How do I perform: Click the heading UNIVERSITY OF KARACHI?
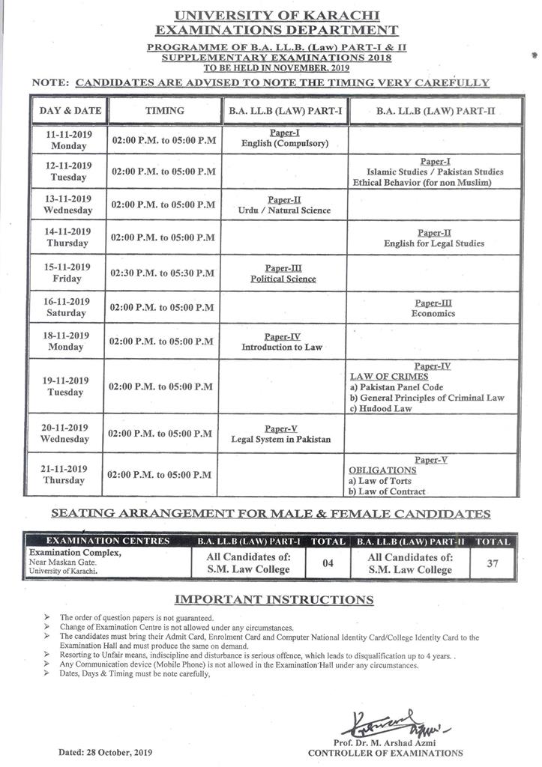point(276,15)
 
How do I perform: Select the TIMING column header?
point(164,110)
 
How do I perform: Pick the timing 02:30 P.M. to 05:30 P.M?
point(163,272)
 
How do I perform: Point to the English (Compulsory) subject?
point(284,143)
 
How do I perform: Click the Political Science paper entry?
point(283,279)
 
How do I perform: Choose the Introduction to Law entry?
point(282,348)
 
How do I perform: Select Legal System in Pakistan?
point(281,439)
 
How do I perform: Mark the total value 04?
point(328,563)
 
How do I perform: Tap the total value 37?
point(492,563)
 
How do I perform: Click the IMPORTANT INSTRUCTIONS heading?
point(274,600)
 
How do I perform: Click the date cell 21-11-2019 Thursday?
point(64,474)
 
